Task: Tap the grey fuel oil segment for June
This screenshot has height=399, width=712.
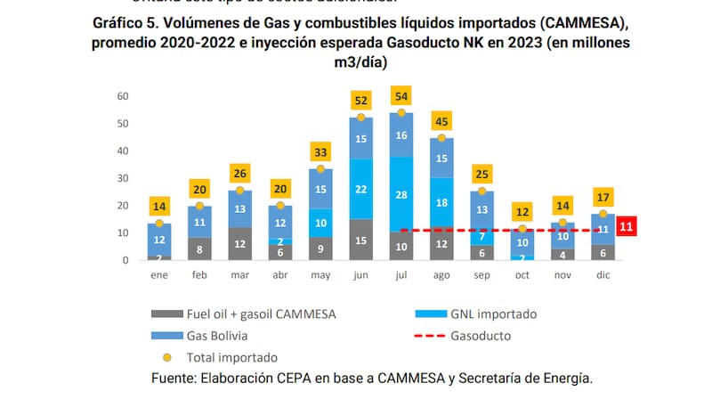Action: tap(361, 240)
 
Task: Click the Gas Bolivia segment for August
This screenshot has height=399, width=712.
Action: tap(441, 158)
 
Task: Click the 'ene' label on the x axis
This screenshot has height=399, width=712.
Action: tap(159, 274)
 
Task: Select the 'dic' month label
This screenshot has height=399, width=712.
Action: tap(603, 274)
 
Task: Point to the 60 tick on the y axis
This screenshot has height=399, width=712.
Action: tap(123, 96)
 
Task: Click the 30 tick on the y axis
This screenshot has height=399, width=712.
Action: tap(123, 178)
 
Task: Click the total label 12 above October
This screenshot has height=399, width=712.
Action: tap(522, 213)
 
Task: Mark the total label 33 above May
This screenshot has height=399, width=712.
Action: tap(320, 152)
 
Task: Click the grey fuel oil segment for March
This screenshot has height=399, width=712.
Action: tap(240, 243)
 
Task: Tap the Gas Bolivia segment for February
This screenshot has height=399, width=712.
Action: tap(199, 222)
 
